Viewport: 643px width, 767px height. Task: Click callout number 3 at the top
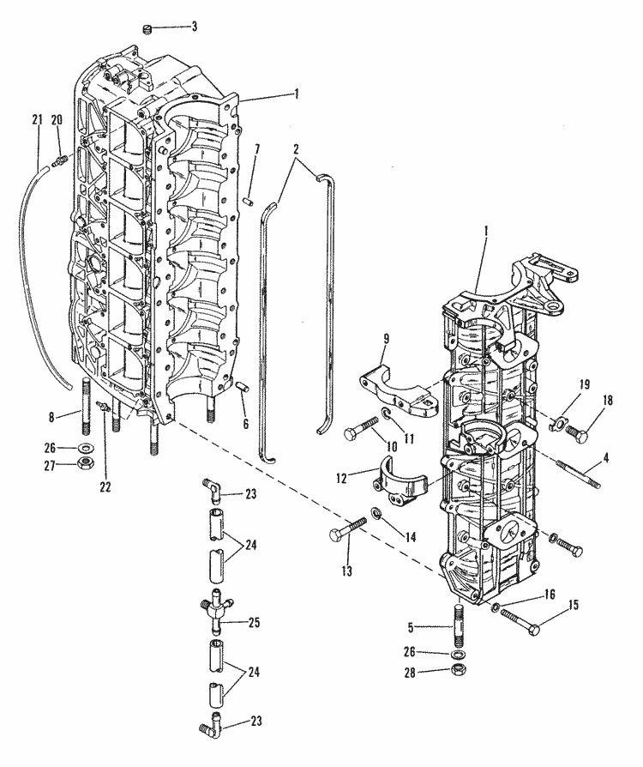(x=194, y=27)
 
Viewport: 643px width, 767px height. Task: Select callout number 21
(x=37, y=119)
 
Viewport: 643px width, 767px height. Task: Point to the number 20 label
(x=57, y=119)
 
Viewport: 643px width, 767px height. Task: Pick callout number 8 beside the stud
(x=52, y=418)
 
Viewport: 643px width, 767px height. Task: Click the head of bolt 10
(x=351, y=432)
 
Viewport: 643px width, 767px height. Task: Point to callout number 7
(x=233, y=149)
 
